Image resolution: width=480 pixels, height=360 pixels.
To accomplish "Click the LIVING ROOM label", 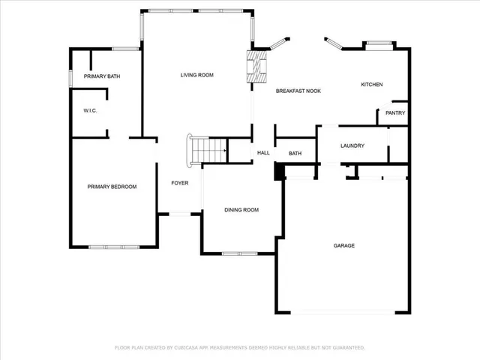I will coord(197,75).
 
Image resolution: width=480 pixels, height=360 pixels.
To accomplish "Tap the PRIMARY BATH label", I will coord(102,76).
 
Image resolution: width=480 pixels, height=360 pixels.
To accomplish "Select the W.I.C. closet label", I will coord(90,111).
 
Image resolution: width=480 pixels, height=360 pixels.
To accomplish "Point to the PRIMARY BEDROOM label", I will coord(112,187).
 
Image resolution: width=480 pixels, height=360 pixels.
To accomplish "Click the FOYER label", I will coord(179,183).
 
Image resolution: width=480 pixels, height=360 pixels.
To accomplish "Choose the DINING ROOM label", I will coord(241,210).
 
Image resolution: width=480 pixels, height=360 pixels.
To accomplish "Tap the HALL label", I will coord(263,153).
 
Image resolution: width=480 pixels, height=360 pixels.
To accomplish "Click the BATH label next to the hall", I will coord(295,154).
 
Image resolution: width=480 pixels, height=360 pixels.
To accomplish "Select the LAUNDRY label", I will coord(352,145).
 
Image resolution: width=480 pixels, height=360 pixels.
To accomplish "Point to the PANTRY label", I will coord(395,113).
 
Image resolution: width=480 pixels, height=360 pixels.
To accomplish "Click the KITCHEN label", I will coord(372,85).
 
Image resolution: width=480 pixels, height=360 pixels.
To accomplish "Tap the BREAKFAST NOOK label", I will coord(298,91).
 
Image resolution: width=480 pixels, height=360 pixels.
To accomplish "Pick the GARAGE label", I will coord(344,246).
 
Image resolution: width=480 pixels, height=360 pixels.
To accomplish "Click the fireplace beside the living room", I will coord(257,66).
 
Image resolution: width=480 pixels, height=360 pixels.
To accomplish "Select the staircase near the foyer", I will coord(208,151).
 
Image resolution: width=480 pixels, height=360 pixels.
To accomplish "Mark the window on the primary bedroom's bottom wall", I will coord(115,247).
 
